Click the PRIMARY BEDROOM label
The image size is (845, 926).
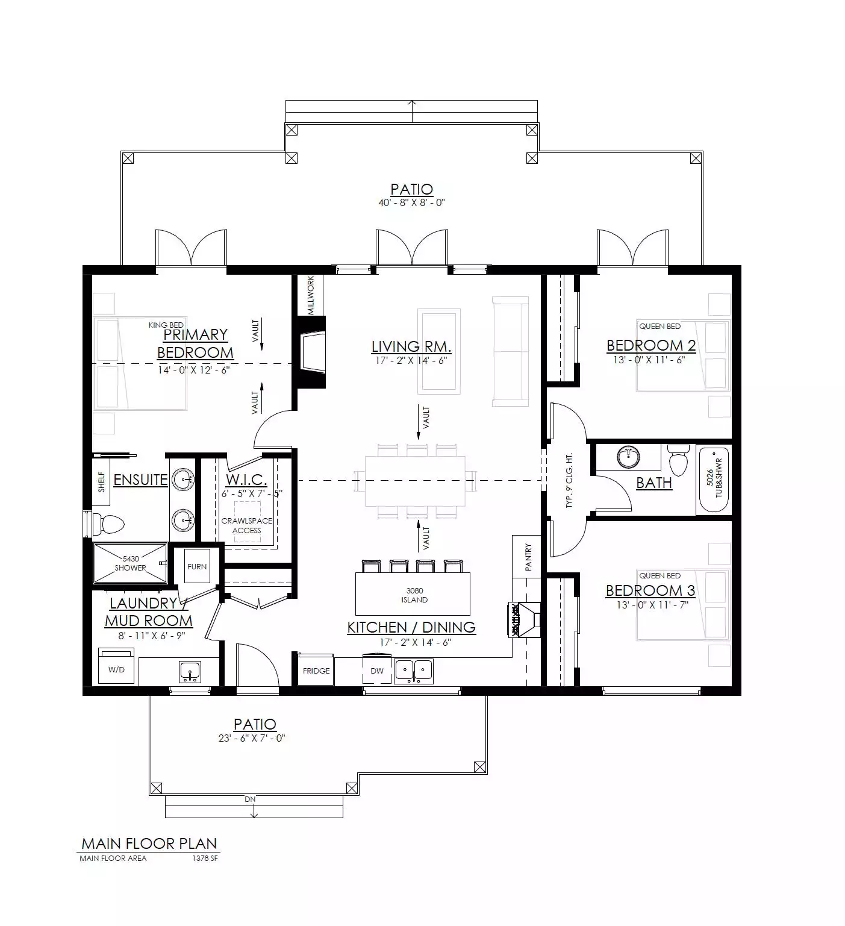click(195, 343)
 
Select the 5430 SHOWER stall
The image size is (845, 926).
click(130, 563)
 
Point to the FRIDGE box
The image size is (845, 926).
click(316, 671)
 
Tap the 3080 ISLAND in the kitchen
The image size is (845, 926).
click(413, 593)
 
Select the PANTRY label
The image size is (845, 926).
click(528, 557)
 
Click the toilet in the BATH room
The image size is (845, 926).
click(678, 461)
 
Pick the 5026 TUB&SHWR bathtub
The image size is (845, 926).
click(714, 480)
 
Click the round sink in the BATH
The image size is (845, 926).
click(629, 457)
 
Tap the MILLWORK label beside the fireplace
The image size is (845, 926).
click(311, 295)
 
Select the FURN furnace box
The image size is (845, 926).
click(197, 566)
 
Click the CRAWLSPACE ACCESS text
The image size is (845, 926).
click(247, 525)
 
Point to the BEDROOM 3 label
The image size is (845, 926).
click(650, 590)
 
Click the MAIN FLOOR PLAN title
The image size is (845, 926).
click(149, 843)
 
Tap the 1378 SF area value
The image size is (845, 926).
click(205, 859)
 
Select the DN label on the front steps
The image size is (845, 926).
click(250, 799)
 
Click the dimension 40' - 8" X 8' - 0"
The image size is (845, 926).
click(411, 203)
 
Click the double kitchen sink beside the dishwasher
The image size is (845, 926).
click(413, 671)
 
